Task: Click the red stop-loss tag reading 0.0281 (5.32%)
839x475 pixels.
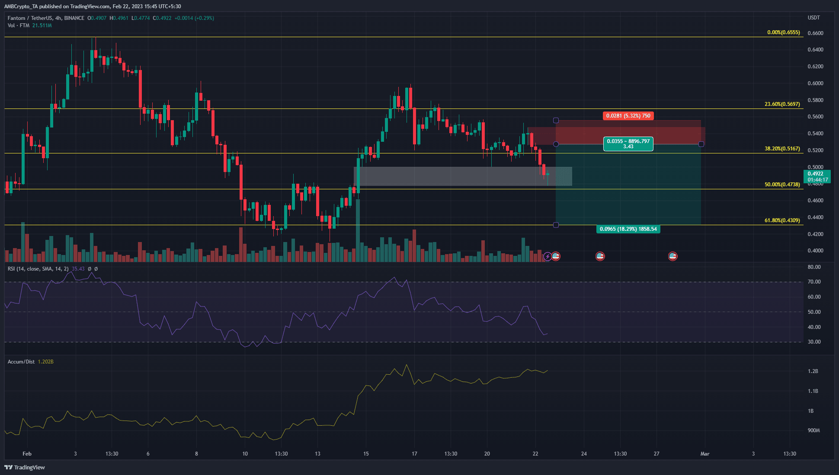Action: (x=628, y=116)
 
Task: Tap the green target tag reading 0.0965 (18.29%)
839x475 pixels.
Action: (x=628, y=229)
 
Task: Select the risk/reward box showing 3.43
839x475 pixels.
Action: (x=628, y=144)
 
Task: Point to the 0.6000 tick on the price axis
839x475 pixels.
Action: (x=815, y=83)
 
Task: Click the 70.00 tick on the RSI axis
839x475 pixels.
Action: (x=814, y=282)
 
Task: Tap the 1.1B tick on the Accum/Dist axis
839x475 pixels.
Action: (x=813, y=391)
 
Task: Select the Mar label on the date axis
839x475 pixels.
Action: (x=705, y=454)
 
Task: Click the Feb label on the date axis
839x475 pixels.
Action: (x=27, y=454)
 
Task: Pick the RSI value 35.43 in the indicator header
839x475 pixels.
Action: (x=78, y=269)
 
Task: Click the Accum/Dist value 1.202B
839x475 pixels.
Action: (x=45, y=362)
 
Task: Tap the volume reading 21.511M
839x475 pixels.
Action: (x=42, y=26)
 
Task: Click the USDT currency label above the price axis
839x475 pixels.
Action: (x=813, y=18)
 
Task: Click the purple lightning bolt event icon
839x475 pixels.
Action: (x=548, y=257)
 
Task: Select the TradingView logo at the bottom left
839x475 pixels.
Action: (x=25, y=467)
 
